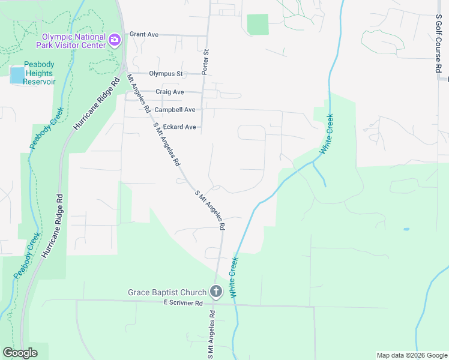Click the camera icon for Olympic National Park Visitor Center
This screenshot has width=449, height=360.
pyautogui.click(x=115, y=40)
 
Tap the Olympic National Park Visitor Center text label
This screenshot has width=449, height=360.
pyautogui.click(x=70, y=40)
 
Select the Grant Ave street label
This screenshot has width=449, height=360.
pyautogui.click(x=143, y=35)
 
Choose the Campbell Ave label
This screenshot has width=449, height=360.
pyautogui.click(x=175, y=110)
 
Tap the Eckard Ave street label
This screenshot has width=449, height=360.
pyautogui.click(x=179, y=127)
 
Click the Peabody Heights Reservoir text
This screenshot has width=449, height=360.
pyautogui.click(x=40, y=73)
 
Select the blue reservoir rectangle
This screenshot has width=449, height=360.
pyautogui.click(x=17, y=75)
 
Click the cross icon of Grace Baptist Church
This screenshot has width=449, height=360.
pyautogui.click(x=216, y=292)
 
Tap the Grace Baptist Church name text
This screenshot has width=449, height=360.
pyautogui.click(x=167, y=293)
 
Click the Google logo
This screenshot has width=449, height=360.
pyautogui.click(x=20, y=353)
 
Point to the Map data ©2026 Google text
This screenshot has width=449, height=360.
pyautogui.click(x=411, y=355)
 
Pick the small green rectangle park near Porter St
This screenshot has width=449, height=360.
pyautogui.click(x=258, y=25)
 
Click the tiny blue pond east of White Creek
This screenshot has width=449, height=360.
pyautogui.click(x=406, y=229)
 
